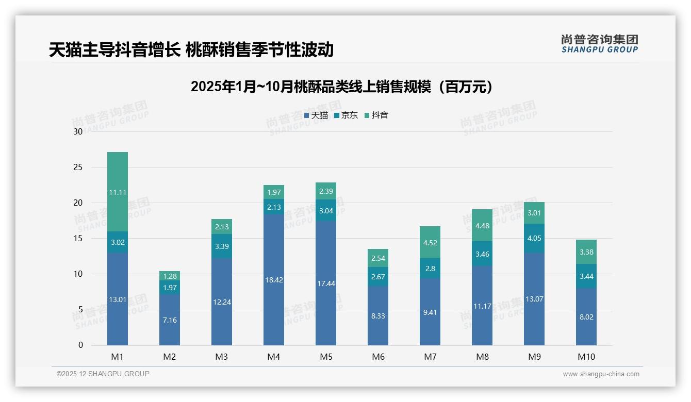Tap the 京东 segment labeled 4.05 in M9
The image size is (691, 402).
[534, 238]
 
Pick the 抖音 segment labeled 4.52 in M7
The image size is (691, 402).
[430, 242]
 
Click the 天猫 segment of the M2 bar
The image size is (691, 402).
[170, 320]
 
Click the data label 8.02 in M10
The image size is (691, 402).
[586, 317]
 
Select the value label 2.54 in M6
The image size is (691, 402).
[378, 259]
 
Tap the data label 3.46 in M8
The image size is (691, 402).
[482, 254]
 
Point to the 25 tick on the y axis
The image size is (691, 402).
[78, 167]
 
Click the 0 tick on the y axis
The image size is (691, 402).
[80, 345]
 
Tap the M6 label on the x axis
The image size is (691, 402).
[378, 357]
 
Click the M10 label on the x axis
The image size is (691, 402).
[586, 357]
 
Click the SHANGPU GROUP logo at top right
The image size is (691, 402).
[599, 44]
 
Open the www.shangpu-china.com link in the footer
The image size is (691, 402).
[601, 374]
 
